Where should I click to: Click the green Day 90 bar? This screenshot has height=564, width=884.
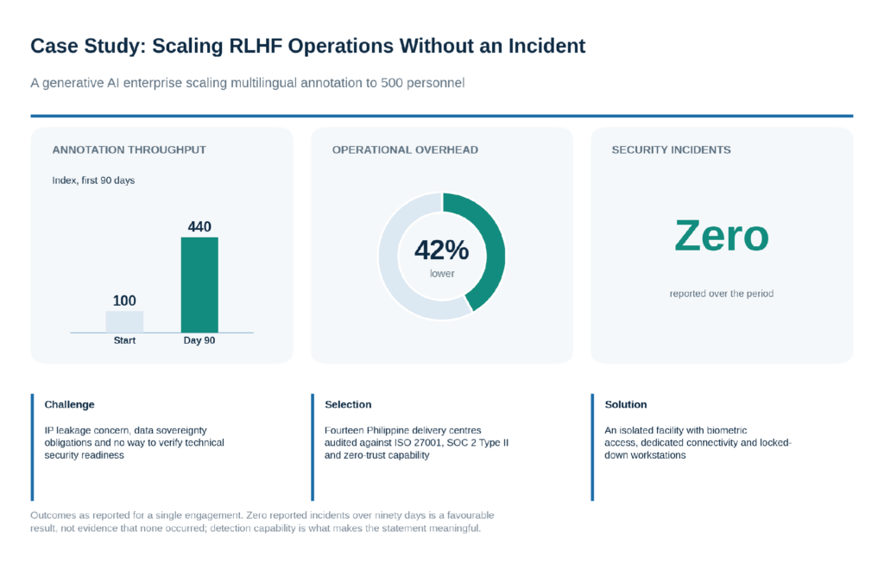pyautogui.click(x=199, y=285)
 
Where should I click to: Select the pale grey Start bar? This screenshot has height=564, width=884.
pyautogui.click(x=124, y=322)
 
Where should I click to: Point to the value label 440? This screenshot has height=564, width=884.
pyautogui.click(x=199, y=227)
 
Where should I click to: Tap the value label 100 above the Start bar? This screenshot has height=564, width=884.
pyautogui.click(x=124, y=301)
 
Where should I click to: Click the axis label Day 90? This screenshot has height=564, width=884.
pyautogui.click(x=199, y=340)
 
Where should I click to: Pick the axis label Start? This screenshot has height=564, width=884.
pyautogui.click(x=124, y=340)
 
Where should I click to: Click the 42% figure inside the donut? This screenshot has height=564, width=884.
pyautogui.click(x=441, y=250)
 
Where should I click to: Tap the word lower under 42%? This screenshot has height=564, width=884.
pyautogui.click(x=442, y=274)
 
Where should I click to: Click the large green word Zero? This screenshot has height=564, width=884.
pyautogui.click(x=722, y=236)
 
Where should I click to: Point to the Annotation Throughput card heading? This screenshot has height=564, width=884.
pyautogui.click(x=129, y=150)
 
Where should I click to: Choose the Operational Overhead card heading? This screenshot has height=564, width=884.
pyautogui.click(x=405, y=150)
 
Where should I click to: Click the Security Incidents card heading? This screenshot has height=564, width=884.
pyautogui.click(x=671, y=150)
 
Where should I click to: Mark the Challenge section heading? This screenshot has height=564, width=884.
pyautogui.click(x=69, y=404)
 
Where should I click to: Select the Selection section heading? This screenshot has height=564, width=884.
pyautogui.click(x=348, y=404)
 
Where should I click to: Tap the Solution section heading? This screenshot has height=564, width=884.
pyautogui.click(x=626, y=404)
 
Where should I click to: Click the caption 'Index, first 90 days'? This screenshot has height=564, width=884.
pyautogui.click(x=93, y=181)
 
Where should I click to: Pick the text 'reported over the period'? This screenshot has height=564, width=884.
pyautogui.click(x=722, y=294)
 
